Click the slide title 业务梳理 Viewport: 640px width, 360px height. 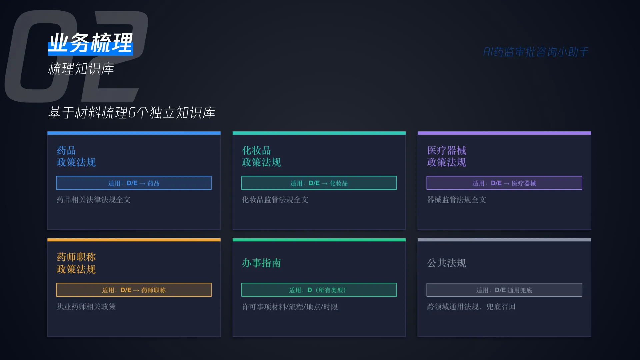91,43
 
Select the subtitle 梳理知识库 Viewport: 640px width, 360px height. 81,69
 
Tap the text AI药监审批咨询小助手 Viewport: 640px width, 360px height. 536,52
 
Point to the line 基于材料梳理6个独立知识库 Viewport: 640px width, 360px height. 132,113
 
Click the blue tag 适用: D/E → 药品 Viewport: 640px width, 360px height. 134,183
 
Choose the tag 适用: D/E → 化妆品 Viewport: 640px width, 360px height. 319,183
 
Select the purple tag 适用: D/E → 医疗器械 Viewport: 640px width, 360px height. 504,183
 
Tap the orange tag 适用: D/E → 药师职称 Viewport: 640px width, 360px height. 134,290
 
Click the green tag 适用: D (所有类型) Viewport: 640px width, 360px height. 319,290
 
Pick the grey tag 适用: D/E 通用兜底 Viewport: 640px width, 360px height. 504,290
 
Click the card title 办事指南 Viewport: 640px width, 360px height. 261,263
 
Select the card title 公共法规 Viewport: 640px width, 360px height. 447,263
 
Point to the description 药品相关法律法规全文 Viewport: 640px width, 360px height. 94,200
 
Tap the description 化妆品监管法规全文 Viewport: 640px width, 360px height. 275,200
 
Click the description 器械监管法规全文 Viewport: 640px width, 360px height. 457,200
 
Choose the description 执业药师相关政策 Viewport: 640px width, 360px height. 86,307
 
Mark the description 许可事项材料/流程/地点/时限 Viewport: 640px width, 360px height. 290,307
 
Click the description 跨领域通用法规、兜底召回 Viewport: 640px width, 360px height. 471,307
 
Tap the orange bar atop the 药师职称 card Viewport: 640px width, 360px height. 134,240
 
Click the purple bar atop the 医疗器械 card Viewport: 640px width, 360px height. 504,133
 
